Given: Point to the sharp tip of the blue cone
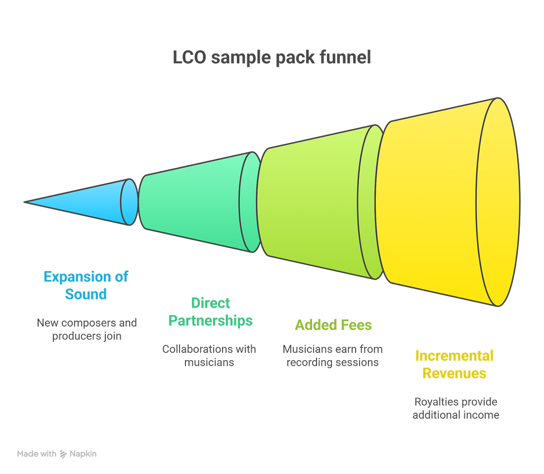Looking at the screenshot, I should [x=25, y=201].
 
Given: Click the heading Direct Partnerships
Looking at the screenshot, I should [x=211, y=312].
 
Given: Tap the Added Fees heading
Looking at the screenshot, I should [x=333, y=325].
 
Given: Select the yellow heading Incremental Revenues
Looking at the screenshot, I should [x=454, y=364].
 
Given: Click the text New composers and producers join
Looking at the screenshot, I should [x=87, y=330].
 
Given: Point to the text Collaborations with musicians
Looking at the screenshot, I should [x=210, y=355].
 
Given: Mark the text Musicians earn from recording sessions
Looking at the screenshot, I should [x=333, y=355].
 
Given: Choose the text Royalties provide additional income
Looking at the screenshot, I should [x=455, y=408].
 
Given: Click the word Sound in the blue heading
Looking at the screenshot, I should [x=86, y=294].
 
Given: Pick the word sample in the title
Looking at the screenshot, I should [x=238, y=58].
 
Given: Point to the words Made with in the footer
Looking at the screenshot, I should [x=37, y=453].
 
